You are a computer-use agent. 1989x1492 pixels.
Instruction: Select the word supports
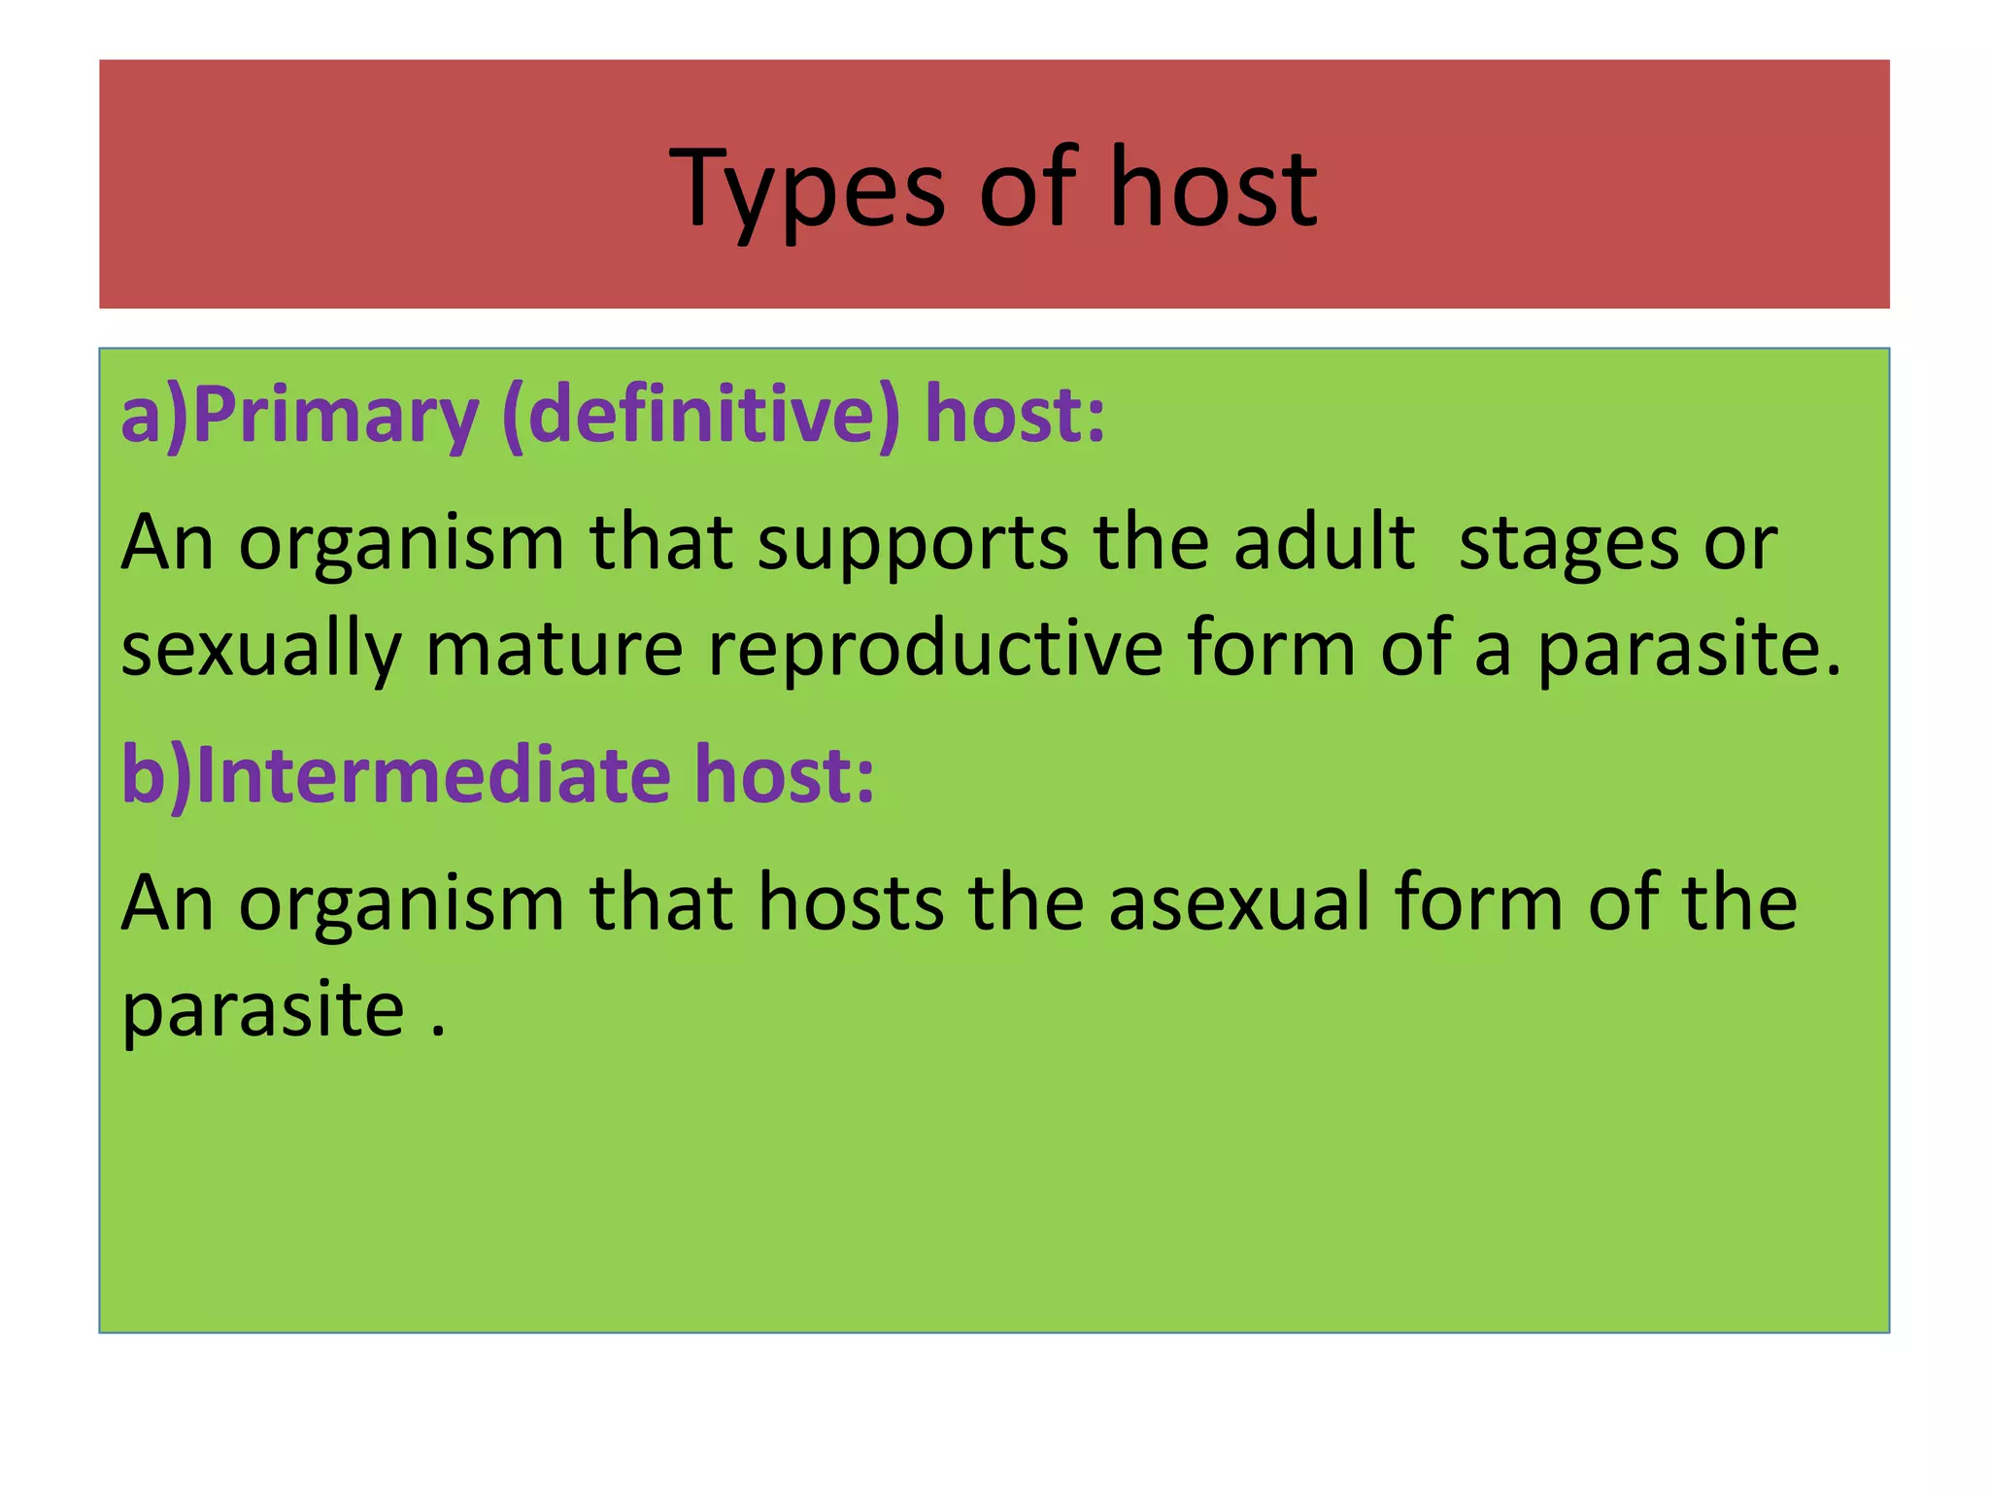click(x=912, y=544)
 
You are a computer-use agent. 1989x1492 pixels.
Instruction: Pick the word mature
click(x=555, y=649)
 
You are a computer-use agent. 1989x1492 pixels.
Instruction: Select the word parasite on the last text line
click(x=262, y=1010)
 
